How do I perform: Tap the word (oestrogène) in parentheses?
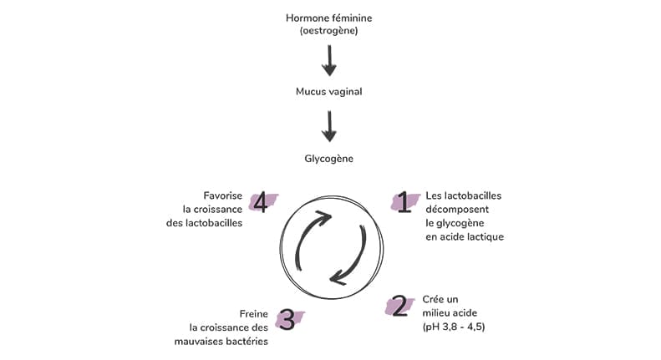tap(330, 31)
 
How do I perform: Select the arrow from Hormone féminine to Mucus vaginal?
tap(330, 61)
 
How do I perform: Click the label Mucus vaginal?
tap(329, 92)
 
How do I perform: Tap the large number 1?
tap(404, 202)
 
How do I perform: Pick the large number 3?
tap(286, 319)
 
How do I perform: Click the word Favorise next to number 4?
tap(222, 195)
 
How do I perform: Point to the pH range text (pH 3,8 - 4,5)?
tap(454, 327)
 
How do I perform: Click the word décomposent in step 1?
tap(456, 209)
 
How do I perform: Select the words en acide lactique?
tap(465, 236)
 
